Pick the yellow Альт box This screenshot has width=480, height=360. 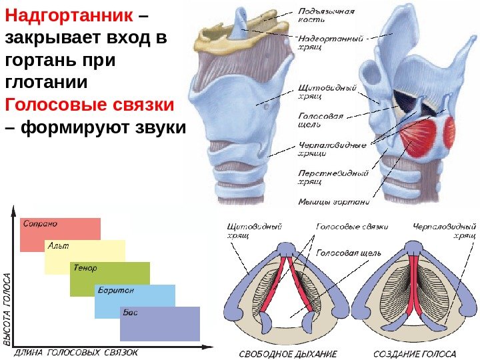pos(85,257)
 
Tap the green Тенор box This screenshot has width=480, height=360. pos(110,279)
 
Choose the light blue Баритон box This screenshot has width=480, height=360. pos(135,301)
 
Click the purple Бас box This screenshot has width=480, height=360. pos(160,323)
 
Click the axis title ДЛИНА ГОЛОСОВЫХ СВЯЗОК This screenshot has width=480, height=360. pos(76,352)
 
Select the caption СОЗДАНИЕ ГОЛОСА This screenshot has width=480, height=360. pos(415,353)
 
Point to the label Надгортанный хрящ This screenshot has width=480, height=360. pos(330,43)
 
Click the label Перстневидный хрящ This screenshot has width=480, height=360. pos(333,177)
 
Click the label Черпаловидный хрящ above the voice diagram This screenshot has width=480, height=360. pos(444,231)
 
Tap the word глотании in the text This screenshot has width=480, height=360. pos(46,83)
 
